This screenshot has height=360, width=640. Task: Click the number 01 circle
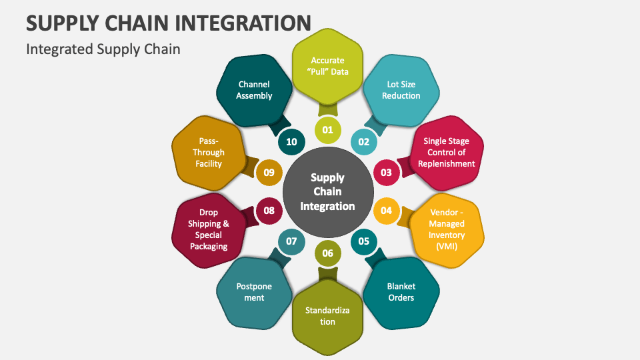pos(328,130)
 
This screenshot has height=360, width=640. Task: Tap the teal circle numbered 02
pos(364,141)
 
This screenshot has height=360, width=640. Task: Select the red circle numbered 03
pos(386,172)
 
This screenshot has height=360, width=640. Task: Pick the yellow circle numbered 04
pos(386,211)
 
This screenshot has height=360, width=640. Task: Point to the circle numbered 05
pos(364,241)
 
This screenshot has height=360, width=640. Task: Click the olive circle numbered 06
pos(328,253)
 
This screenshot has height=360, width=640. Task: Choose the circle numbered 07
pos(291,241)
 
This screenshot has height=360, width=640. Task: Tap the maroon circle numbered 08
pos(269,211)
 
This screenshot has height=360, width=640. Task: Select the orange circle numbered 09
pos(269,172)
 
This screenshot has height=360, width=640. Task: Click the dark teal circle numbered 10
pos(291,141)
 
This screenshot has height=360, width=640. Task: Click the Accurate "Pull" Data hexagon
pos(328,66)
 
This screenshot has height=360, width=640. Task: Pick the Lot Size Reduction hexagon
pos(401,90)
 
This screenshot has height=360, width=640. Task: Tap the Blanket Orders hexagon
pos(401,292)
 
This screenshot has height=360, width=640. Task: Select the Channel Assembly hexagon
pos(254,90)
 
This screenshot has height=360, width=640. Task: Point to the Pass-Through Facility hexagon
pos(209,153)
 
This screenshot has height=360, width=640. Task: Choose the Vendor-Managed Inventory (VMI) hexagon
pos(447,229)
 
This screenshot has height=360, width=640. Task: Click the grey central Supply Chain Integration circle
pos(328,192)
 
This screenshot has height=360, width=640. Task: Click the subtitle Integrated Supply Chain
pos(103,49)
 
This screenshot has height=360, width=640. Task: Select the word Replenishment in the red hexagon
pos(447,164)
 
